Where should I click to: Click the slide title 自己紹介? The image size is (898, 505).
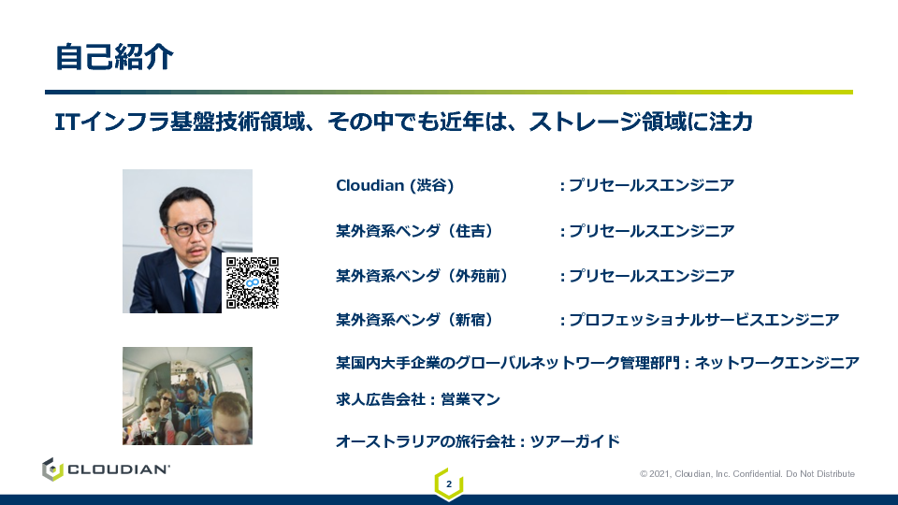pyautogui.click(x=114, y=57)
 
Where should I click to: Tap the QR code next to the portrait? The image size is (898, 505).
pyautogui.click(x=253, y=282)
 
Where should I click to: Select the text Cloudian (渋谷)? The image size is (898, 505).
pyautogui.click(x=395, y=185)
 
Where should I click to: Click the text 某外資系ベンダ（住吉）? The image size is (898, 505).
pyautogui.click(x=414, y=231)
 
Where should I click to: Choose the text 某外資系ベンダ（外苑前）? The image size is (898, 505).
pyautogui.click(x=422, y=276)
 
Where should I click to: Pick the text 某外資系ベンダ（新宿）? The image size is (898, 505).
pyautogui.click(x=414, y=320)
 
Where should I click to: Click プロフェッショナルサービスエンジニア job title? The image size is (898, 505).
pyautogui.click(x=703, y=320)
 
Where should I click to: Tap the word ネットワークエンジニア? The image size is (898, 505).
pyautogui.click(x=776, y=363)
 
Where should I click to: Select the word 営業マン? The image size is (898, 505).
pyautogui.click(x=471, y=399)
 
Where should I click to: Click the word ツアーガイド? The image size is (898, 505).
pyautogui.click(x=575, y=441)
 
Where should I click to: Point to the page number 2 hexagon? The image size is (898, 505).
pyautogui.click(x=449, y=484)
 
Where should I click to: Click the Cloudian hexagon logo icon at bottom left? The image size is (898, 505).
pyautogui.click(x=52, y=469)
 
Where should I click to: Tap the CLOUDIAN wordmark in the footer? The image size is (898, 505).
pyautogui.click(x=119, y=469)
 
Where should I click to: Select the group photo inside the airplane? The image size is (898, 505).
pyautogui.click(x=187, y=396)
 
